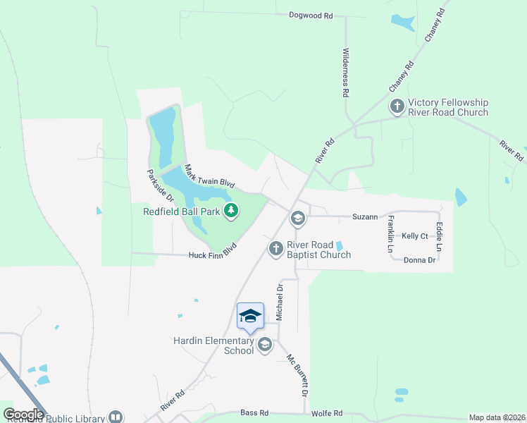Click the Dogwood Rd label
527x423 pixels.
pyautogui.click(x=311, y=15)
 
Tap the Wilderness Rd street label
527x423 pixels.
pyautogui.click(x=346, y=73)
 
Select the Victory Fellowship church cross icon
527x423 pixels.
pyautogui.click(x=397, y=106)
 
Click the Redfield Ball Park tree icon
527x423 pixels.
pyautogui.click(x=230, y=210)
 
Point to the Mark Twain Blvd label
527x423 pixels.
pyautogui.click(x=209, y=176)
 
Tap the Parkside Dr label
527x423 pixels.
pyautogui.click(x=156, y=186)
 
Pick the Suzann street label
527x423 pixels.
pyautogui.click(x=366, y=217)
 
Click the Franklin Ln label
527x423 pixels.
pyautogui.click(x=390, y=235)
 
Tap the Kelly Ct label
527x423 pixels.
pyautogui.click(x=414, y=236)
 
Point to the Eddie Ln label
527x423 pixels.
pyautogui.click(x=439, y=237)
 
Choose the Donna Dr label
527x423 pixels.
pyautogui.click(x=420, y=259)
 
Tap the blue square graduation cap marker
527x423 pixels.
pyautogui.click(x=251, y=315)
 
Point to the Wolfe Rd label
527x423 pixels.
pyautogui.click(x=328, y=413)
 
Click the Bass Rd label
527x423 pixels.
pyautogui.click(x=254, y=412)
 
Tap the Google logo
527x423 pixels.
pyautogui.click(x=23, y=415)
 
